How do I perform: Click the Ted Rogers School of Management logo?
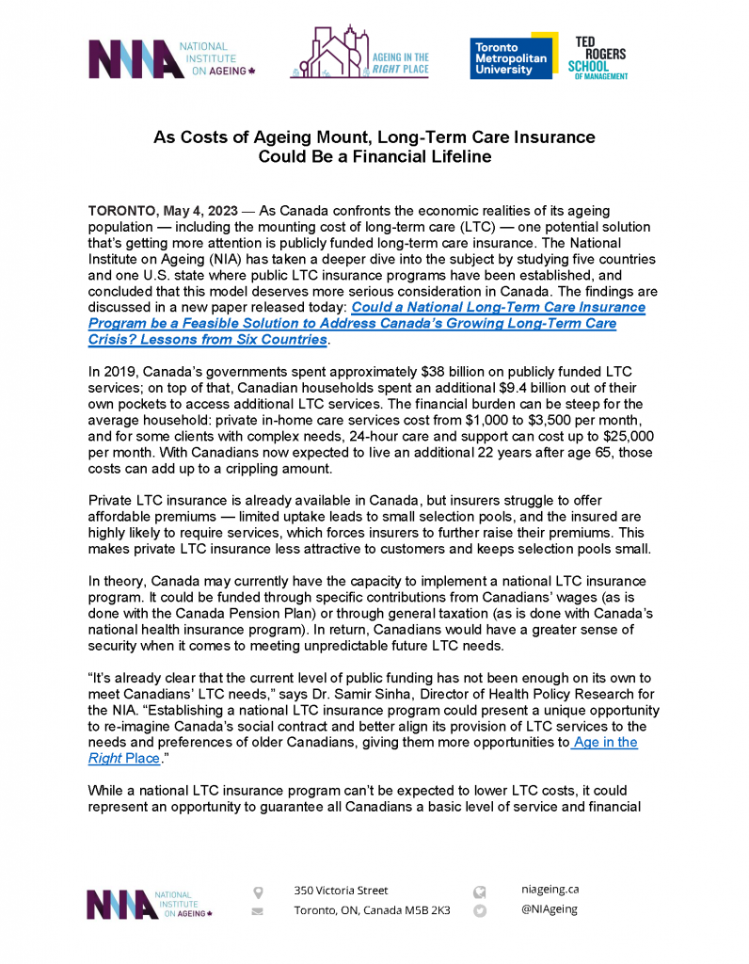598,56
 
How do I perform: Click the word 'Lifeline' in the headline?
457,156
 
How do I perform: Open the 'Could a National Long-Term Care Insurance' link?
498,307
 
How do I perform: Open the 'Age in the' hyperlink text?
606,742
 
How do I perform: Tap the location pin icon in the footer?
258,891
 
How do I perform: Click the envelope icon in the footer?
258,911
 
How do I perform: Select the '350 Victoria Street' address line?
341,890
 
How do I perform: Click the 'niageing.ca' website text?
550,888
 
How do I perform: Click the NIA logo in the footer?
150,904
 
